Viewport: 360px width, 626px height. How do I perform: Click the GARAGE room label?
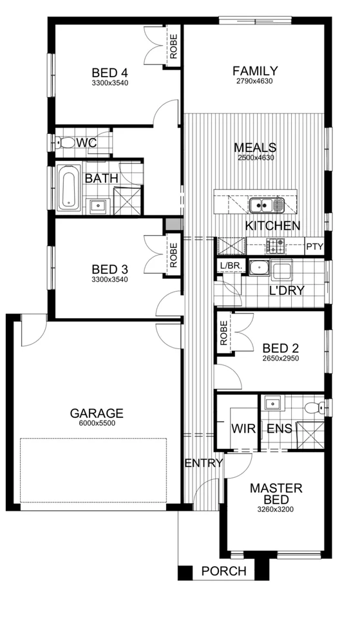(x=96, y=413)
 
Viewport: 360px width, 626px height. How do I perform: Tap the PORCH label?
(x=223, y=571)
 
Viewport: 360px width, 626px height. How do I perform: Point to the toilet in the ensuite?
(x=313, y=407)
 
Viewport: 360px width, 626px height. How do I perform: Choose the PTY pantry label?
(x=314, y=246)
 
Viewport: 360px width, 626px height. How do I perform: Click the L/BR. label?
(x=230, y=265)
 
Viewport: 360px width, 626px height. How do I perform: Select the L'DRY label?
(x=286, y=290)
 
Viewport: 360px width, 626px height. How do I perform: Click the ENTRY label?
(x=204, y=462)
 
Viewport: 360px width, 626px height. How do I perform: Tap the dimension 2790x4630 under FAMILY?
(x=255, y=82)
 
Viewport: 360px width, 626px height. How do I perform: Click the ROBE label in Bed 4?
(x=174, y=45)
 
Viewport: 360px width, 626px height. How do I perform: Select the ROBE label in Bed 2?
(x=223, y=332)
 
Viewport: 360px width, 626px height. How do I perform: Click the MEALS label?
(x=255, y=147)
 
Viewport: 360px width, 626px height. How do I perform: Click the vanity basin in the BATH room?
(x=97, y=205)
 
